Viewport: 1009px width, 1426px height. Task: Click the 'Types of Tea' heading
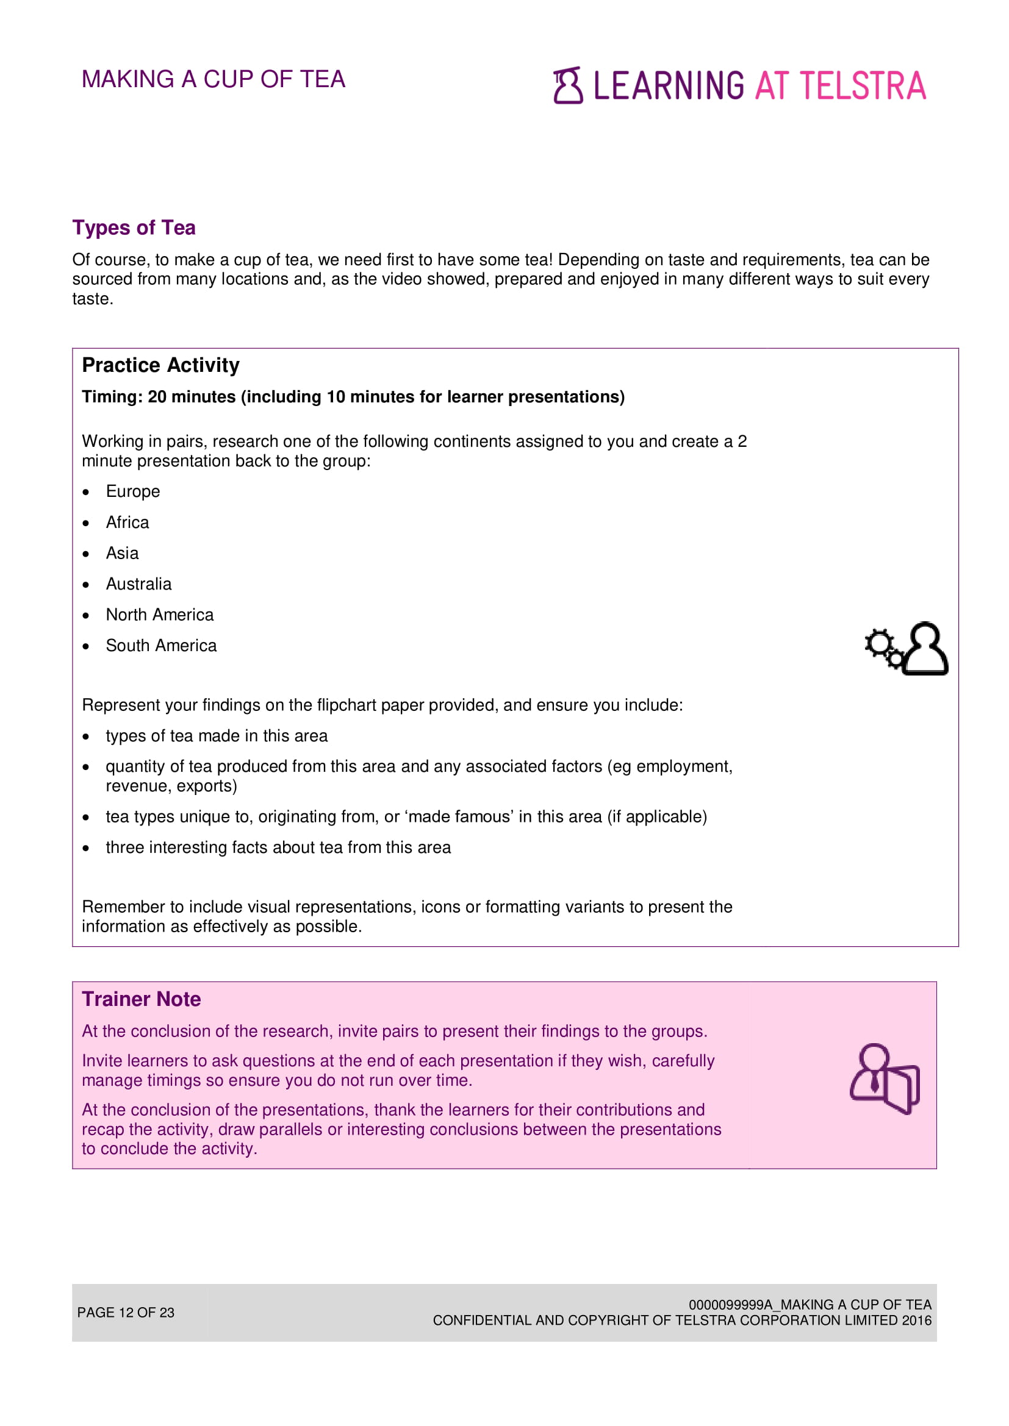[134, 228]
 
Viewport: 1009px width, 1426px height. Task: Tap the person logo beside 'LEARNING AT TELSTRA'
[567, 85]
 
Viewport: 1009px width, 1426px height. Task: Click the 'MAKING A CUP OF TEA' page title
[213, 79]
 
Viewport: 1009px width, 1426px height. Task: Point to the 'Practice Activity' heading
[160, 365]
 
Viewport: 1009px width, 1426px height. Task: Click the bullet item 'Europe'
[132, 492]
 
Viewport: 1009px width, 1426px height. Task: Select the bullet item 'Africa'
[127, 523]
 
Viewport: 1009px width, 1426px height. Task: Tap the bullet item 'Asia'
[122, 554]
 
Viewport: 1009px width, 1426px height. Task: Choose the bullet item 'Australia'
[138, 585]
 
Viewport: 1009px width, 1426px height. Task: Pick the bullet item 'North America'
[160, 615]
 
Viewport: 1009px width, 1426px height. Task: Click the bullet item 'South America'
[161, 646]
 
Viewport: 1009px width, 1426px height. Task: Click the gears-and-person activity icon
[906, 649]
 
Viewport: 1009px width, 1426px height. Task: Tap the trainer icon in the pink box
[884, 1079]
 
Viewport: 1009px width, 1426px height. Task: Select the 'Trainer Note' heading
[141, 999]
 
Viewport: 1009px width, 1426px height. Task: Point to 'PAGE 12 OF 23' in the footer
[126, 1313]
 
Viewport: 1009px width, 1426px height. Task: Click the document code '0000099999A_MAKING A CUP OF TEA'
[810, 1304]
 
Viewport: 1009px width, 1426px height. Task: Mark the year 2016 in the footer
[916, 1321]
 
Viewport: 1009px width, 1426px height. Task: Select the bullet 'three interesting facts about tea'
[278, 848]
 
